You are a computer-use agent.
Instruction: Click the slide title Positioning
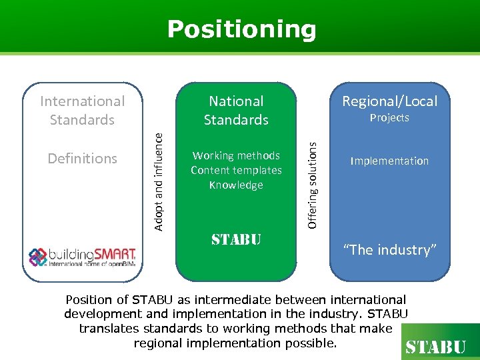coord(241,29)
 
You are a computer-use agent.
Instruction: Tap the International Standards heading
coord(83,111)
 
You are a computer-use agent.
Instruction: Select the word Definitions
coord(83,159)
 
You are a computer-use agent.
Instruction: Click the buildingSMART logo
coord(83,256)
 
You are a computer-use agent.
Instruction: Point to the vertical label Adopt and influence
coord(159,180)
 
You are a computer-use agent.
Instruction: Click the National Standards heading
coord(236,111)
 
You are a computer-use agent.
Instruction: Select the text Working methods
coord(236,155)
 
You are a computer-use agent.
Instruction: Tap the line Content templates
coord(236,170)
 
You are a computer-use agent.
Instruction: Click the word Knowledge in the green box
coord(236,185)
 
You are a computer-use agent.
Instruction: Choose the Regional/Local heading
coord(390,101)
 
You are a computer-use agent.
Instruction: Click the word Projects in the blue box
coord(390,118)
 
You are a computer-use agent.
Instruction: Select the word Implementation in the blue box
coord(390,161)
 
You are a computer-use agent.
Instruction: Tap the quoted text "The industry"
coord(390,250)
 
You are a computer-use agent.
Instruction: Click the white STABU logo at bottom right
coord(436,347)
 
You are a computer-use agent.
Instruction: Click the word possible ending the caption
coord(313,343)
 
